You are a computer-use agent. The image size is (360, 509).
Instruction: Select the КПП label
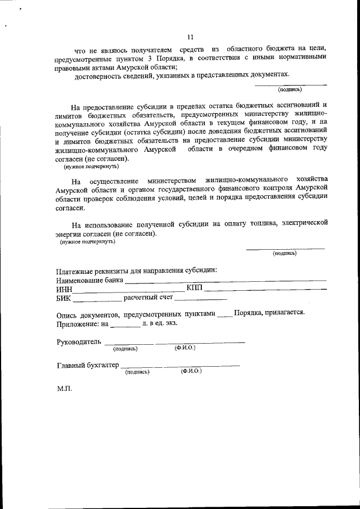pos(194,289)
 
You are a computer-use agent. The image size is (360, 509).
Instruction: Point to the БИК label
pos(64,298)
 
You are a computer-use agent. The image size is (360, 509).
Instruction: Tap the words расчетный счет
pos(148,298)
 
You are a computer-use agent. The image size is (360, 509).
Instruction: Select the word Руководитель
pos(79,342)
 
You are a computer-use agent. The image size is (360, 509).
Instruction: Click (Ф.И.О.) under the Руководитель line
pos(184,349)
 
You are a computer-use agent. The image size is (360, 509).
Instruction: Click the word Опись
pos(69,314)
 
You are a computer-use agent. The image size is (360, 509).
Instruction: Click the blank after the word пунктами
pos(224,315)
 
